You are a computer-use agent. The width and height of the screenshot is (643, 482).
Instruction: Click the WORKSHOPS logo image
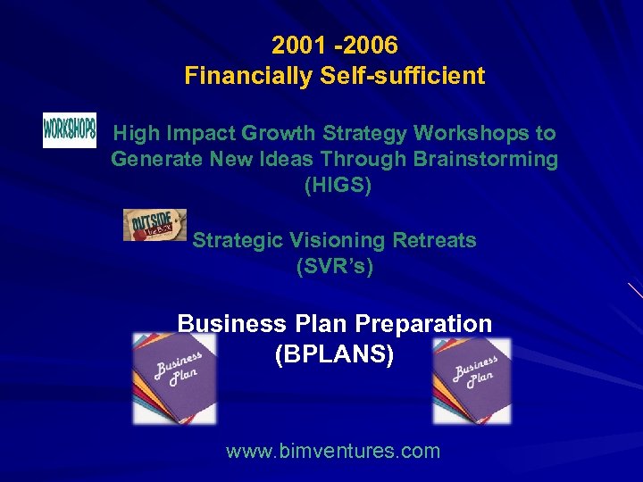pos(70,130)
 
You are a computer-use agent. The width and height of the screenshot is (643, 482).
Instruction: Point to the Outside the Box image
pos(154,225)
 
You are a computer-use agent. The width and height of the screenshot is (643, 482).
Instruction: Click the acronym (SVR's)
pos(334,266)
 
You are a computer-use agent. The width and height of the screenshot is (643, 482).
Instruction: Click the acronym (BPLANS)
pos(334,354)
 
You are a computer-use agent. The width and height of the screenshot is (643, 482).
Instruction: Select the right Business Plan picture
pos(472,381)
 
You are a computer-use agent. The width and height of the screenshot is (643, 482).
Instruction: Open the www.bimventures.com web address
pos(333,451)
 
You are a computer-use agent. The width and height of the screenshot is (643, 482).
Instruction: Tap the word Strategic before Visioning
pos(236,240)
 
